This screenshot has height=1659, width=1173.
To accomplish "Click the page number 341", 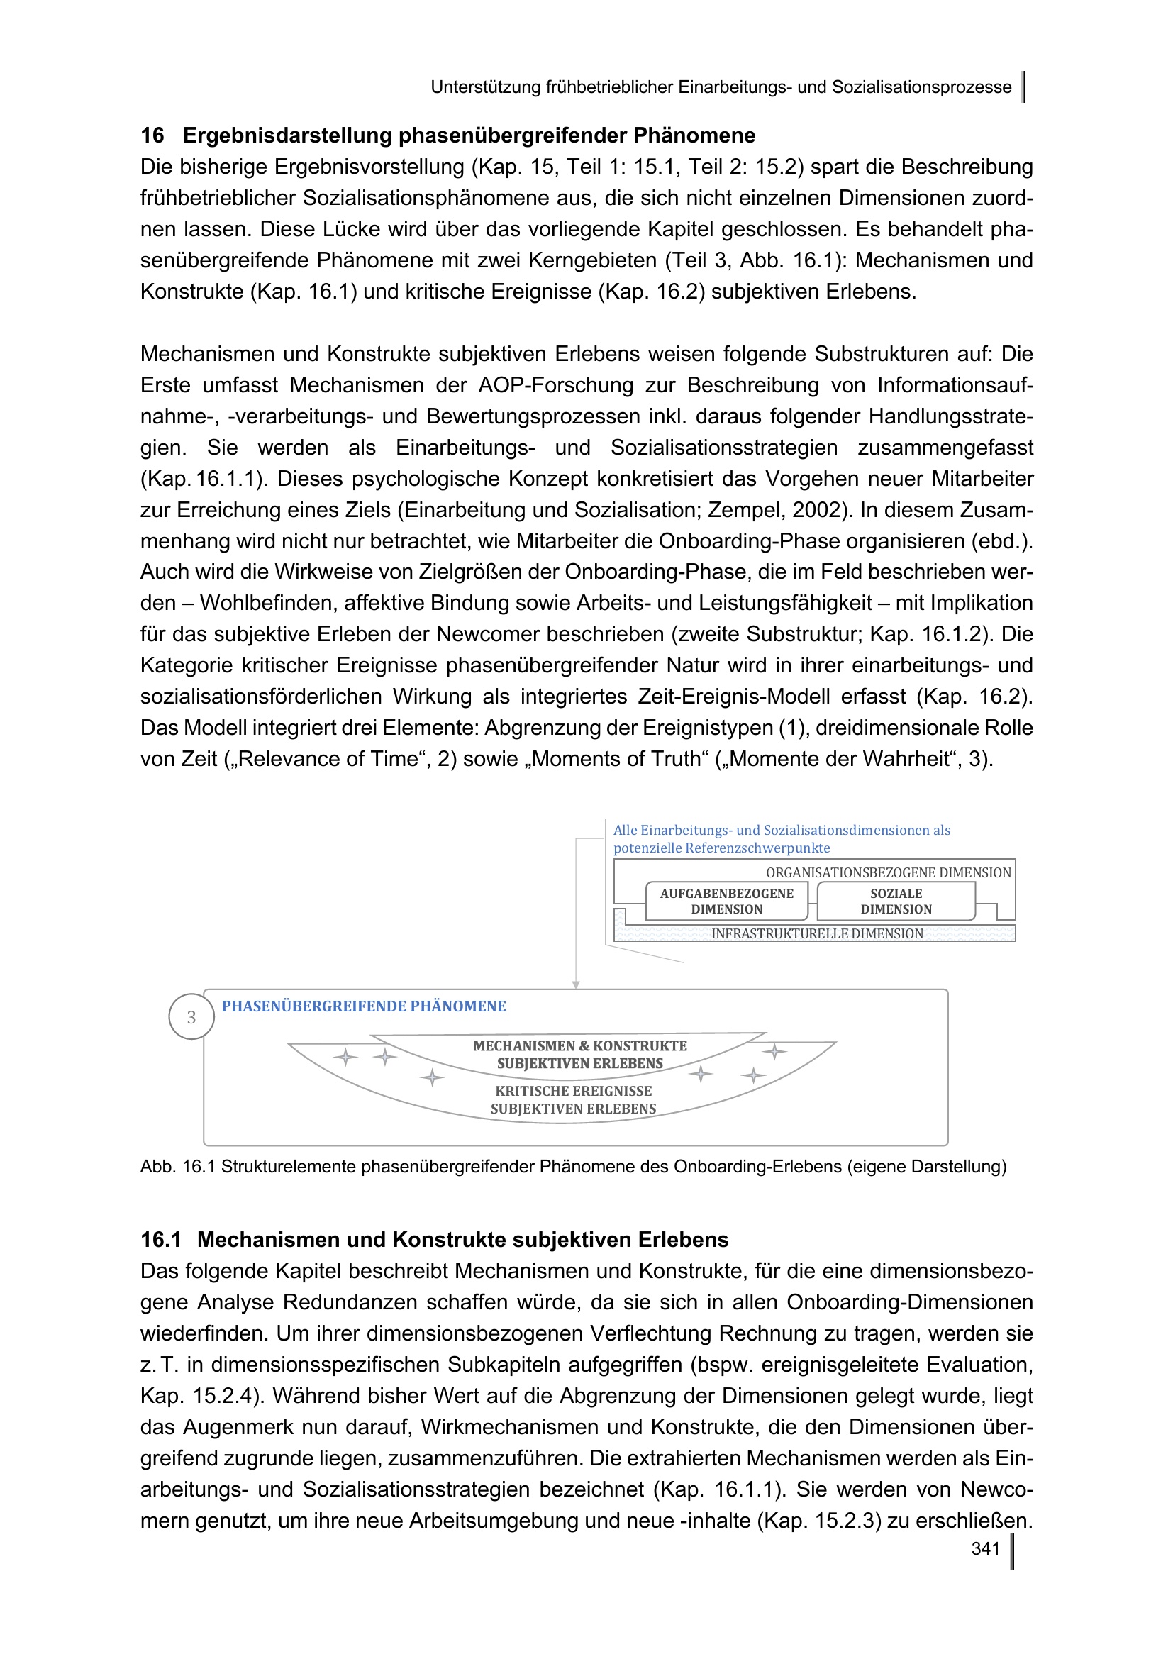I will click(x=985, y=1548).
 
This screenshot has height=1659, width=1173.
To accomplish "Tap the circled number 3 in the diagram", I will click(x=191, y=1017).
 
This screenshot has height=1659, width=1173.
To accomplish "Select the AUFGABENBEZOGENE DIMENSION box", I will click(x=726, y=901).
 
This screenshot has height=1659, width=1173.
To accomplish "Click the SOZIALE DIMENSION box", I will click(x=896, y=901).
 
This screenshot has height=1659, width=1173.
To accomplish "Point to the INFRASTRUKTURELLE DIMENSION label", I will click(x=817, y=933).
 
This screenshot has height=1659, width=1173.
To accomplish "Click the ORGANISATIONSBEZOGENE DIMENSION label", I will click(x=888, y=873).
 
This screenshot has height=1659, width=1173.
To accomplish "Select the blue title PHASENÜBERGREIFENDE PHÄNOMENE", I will click(x=363, y=1006).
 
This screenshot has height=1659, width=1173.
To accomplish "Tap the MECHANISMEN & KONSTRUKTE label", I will click(x=580, y=1045).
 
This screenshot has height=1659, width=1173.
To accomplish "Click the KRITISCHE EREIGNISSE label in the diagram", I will click(x=574, y=1091).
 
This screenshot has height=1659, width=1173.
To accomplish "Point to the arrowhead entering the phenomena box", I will click(x=576, y=984).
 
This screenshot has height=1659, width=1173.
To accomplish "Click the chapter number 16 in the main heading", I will click(x=152, y=135).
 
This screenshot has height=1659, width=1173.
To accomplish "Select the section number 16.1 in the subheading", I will click(x=160, y=1240).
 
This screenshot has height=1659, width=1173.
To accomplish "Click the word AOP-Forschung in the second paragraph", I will click(x=552, y=385).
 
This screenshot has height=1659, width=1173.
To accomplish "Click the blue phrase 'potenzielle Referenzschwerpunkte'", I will click(x=721, y=848).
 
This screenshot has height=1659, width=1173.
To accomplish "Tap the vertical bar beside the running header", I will click(x=1024, y=87).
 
